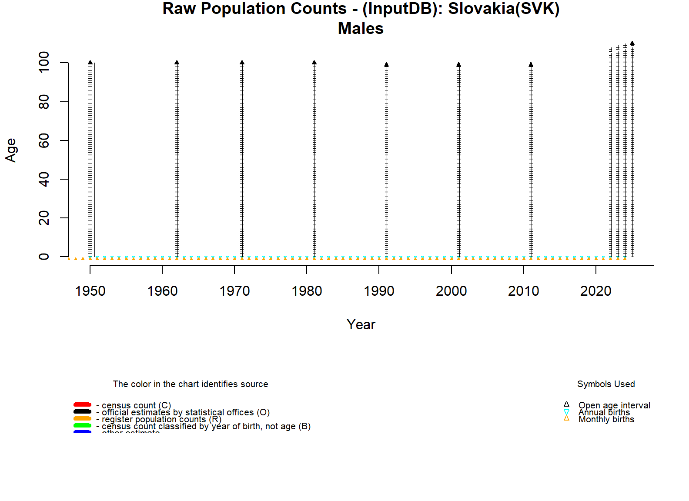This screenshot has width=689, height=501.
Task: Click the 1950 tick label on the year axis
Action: (90, 291)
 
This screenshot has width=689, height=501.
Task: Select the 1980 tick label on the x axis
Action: (307, 291)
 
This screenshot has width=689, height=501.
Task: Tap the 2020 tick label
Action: (595, 291)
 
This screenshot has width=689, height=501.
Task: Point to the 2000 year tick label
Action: (451, 291)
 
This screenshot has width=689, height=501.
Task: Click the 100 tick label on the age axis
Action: (44, 62)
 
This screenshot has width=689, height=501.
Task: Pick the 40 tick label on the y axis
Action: (44, 179)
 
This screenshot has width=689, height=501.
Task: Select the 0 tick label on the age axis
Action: (44, 257)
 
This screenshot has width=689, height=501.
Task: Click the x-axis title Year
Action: (361, 324)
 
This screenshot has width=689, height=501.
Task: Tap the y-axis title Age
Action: (11, 150)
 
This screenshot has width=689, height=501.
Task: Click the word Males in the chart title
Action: (361, 29)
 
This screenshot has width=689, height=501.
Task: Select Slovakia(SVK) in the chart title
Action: (504, 9)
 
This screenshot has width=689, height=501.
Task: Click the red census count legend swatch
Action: (82, 404)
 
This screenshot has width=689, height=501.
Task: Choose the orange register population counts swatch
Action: (82, 418)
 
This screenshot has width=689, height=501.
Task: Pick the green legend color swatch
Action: (82, 425)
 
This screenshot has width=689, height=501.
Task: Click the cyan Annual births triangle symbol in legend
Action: (566, 412)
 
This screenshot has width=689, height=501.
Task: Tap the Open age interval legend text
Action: (614, 405)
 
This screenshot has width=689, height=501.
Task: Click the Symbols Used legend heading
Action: (606, 384)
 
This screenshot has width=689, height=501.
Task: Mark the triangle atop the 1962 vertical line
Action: (177, 63)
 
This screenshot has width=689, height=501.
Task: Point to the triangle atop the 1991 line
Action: (386, 65)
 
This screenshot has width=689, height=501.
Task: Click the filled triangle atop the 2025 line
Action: (632, 43)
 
